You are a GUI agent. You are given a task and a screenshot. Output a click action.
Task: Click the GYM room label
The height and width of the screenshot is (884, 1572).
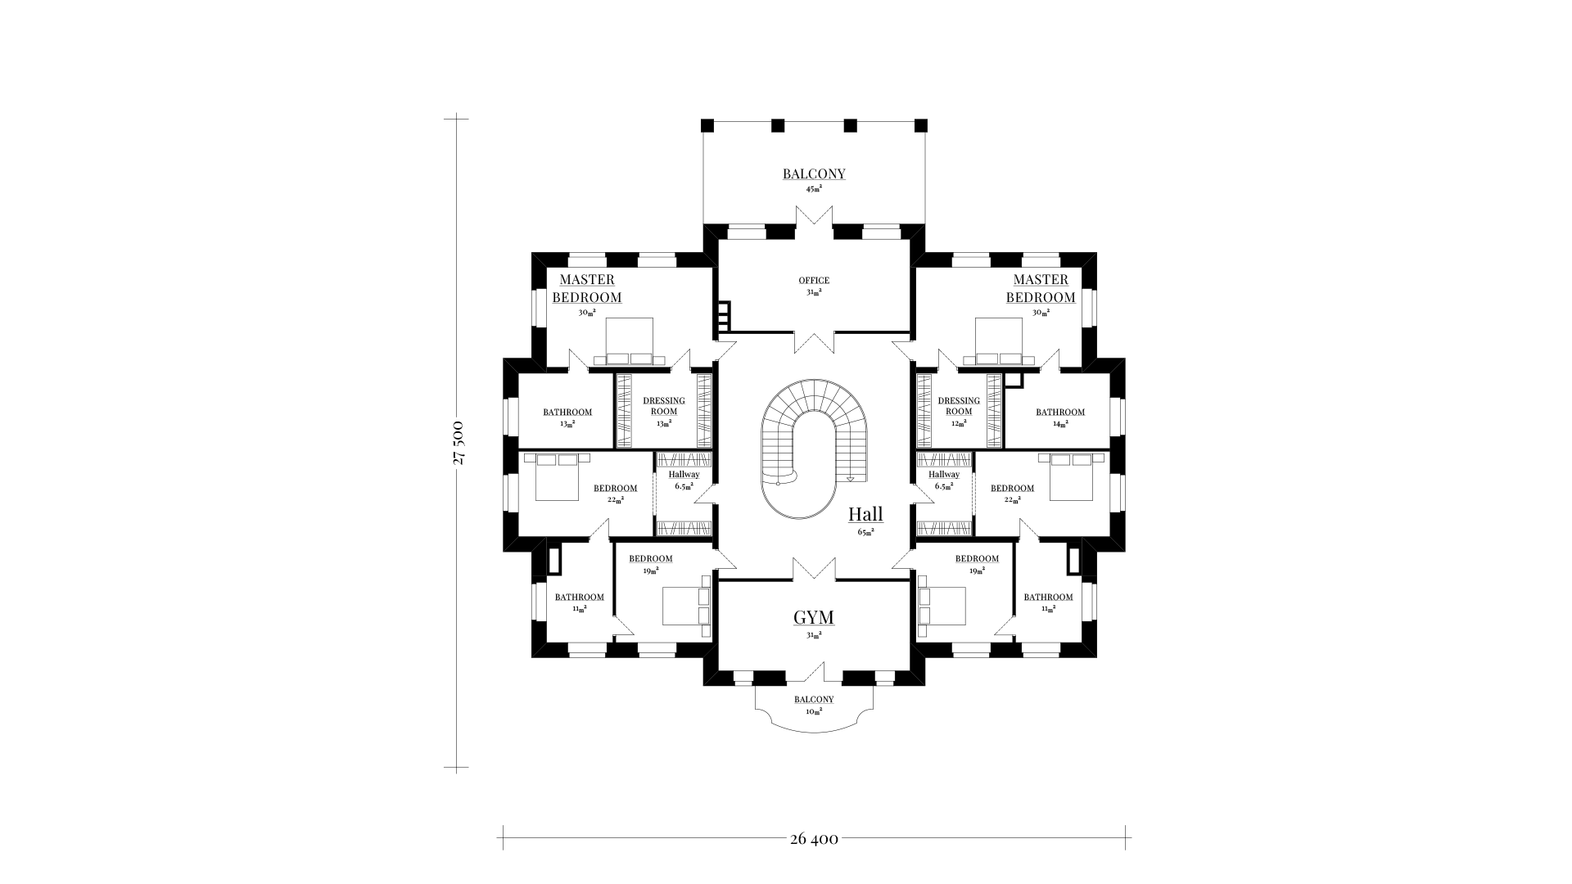click(814, 616)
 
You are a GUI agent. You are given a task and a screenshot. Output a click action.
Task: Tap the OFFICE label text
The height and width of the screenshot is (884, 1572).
click(814, 281)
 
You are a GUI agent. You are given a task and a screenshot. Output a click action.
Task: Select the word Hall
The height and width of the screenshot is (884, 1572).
click(865, 514)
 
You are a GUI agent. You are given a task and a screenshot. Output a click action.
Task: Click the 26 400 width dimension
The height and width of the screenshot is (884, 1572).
click(814, 839)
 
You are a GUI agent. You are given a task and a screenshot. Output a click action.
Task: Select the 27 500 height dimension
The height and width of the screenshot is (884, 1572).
click(458, 443)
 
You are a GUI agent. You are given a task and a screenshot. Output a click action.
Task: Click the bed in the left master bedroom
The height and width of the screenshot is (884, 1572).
click(629, 341)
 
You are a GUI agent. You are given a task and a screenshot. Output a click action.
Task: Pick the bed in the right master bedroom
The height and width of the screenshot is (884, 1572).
click(1000, 341)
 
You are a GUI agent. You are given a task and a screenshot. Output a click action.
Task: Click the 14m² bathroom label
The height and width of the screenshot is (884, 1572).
click(1060, 425)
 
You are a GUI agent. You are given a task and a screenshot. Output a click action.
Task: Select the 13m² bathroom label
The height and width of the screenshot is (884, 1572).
click(567, 425)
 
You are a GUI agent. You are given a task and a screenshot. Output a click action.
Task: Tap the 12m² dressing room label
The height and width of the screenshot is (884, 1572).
click(959, 424)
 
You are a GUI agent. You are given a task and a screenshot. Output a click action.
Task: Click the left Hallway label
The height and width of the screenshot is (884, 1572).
click(684, 475)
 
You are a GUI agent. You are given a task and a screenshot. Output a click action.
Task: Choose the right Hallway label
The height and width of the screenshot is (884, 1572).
click(944, 475)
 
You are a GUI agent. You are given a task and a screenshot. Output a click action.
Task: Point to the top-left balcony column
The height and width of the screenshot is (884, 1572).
click(708, 125)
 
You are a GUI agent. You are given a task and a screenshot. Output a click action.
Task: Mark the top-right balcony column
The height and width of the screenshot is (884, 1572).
click(920, 125)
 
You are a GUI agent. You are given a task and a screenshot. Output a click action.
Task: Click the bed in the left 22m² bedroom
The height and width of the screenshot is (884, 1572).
click(557, 477)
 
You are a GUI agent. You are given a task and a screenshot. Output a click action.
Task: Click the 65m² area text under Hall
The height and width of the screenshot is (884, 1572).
click(865, 532)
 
